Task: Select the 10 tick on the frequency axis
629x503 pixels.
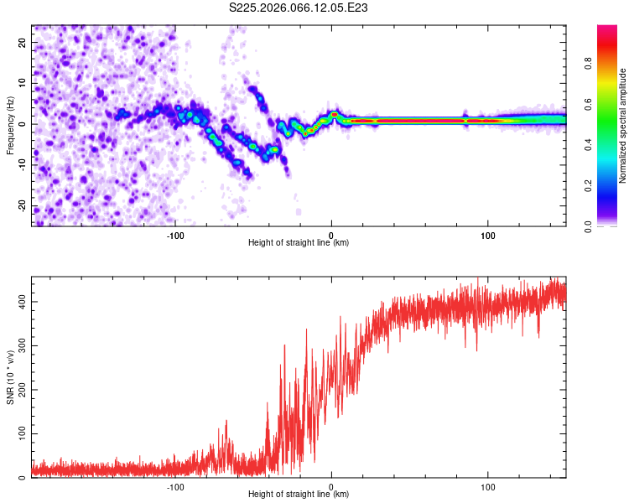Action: coord(22,83)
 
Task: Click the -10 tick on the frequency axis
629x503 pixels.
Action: coord(20,165)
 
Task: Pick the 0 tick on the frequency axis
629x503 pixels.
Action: coord(24,124)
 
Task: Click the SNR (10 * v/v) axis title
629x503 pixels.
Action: coord(10,377)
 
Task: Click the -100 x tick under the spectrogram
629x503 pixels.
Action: coord(174,234)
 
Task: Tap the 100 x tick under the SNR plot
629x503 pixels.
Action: coord(488,485)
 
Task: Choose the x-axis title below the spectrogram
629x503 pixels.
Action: coord(299,243)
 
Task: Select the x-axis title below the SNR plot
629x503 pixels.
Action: coord(299,495)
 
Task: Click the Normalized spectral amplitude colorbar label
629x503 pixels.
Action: coord(623,126)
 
